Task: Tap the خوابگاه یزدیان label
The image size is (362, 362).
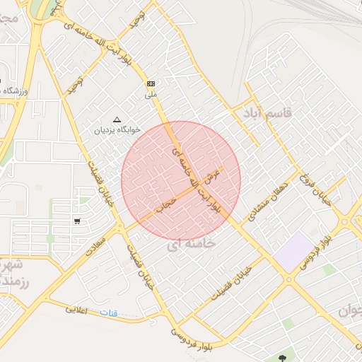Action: tap(118, 130)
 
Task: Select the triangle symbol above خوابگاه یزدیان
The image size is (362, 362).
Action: tap(117, 119)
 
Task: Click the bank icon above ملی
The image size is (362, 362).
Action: tap(151, 83)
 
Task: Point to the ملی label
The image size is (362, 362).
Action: tap(151, 93)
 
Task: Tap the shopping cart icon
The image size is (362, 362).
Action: tap(76, 221)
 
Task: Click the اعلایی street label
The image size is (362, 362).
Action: tap(76, 309)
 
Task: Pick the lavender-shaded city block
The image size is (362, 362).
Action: tap(294, 251)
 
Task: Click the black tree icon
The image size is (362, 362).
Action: tap(284, 357)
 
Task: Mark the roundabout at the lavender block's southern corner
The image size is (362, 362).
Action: tap(288, 279)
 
